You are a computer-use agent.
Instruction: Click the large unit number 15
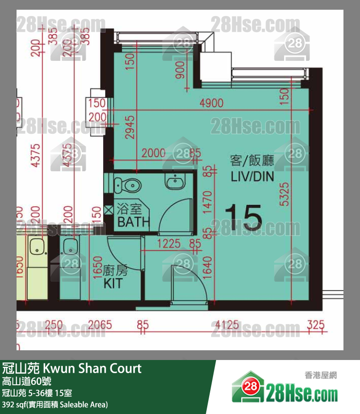(243, 217)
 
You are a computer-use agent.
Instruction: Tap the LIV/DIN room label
(252, 168)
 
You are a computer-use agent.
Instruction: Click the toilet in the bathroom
(129, 185)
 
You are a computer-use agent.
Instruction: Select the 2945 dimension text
(129, 127)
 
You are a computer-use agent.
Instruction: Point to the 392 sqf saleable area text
(54, 404)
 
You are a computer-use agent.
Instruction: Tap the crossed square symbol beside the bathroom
(108, 211)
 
